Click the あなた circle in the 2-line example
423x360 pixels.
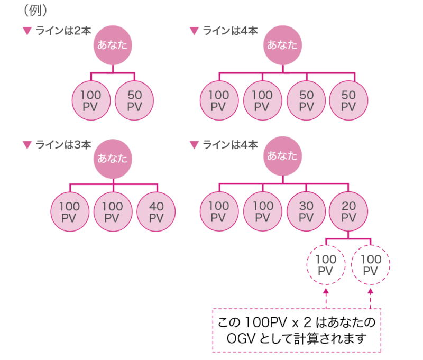[x=113, y=45]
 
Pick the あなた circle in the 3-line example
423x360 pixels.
[x=113, y=158]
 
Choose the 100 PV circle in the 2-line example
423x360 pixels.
[x=91, y=100]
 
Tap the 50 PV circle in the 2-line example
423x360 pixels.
[x=134, y=100]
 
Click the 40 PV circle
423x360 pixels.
[x=157, y=212]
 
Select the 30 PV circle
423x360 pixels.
[x=306, y=212]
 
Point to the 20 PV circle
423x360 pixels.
[x=348, y=212]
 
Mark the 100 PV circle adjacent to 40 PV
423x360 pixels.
[x=113, y=212]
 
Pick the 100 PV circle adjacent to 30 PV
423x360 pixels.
[x=263, y=212]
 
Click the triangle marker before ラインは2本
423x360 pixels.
[x=27, y=31]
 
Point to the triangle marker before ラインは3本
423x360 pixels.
[x=27, y=144]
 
